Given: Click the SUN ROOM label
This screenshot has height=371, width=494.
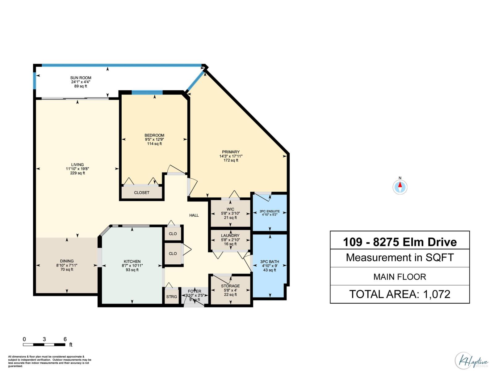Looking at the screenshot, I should pos(81,78).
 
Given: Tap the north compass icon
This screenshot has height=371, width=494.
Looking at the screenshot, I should pos(400,187).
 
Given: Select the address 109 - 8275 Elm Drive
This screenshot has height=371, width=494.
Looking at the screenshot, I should pos(400,242).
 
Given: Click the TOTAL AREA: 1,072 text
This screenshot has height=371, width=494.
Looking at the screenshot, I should pos(400,294).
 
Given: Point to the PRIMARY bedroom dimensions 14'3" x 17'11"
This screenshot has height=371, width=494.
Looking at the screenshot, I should pos(231,156).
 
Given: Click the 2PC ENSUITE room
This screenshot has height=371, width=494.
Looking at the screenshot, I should pos(270,213).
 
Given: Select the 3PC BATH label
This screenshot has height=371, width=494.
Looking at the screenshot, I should pos(270,262).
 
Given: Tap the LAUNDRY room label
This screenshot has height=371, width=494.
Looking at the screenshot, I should pos(230,236).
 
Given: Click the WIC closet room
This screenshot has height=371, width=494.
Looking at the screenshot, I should pos(230,213).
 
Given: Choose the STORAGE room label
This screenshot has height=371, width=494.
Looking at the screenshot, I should pos(230,286).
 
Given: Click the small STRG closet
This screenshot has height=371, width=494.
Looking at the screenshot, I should pos(172,297).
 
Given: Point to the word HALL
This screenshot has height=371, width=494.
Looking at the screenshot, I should pos(194,215).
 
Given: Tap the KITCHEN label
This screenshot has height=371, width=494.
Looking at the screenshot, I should pos(132,262).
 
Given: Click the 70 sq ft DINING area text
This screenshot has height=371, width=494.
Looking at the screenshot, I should pos(67,270).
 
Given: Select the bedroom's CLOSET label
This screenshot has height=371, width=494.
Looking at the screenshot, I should pos(142,193).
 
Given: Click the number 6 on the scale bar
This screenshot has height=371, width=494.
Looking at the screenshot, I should pos(65,339).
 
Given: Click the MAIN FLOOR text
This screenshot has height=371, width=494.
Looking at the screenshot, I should pos(400,277).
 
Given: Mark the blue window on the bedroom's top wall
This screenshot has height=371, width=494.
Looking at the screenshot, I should pos(147,92).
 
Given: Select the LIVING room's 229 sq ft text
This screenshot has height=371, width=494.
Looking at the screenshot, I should pos(77,173).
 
